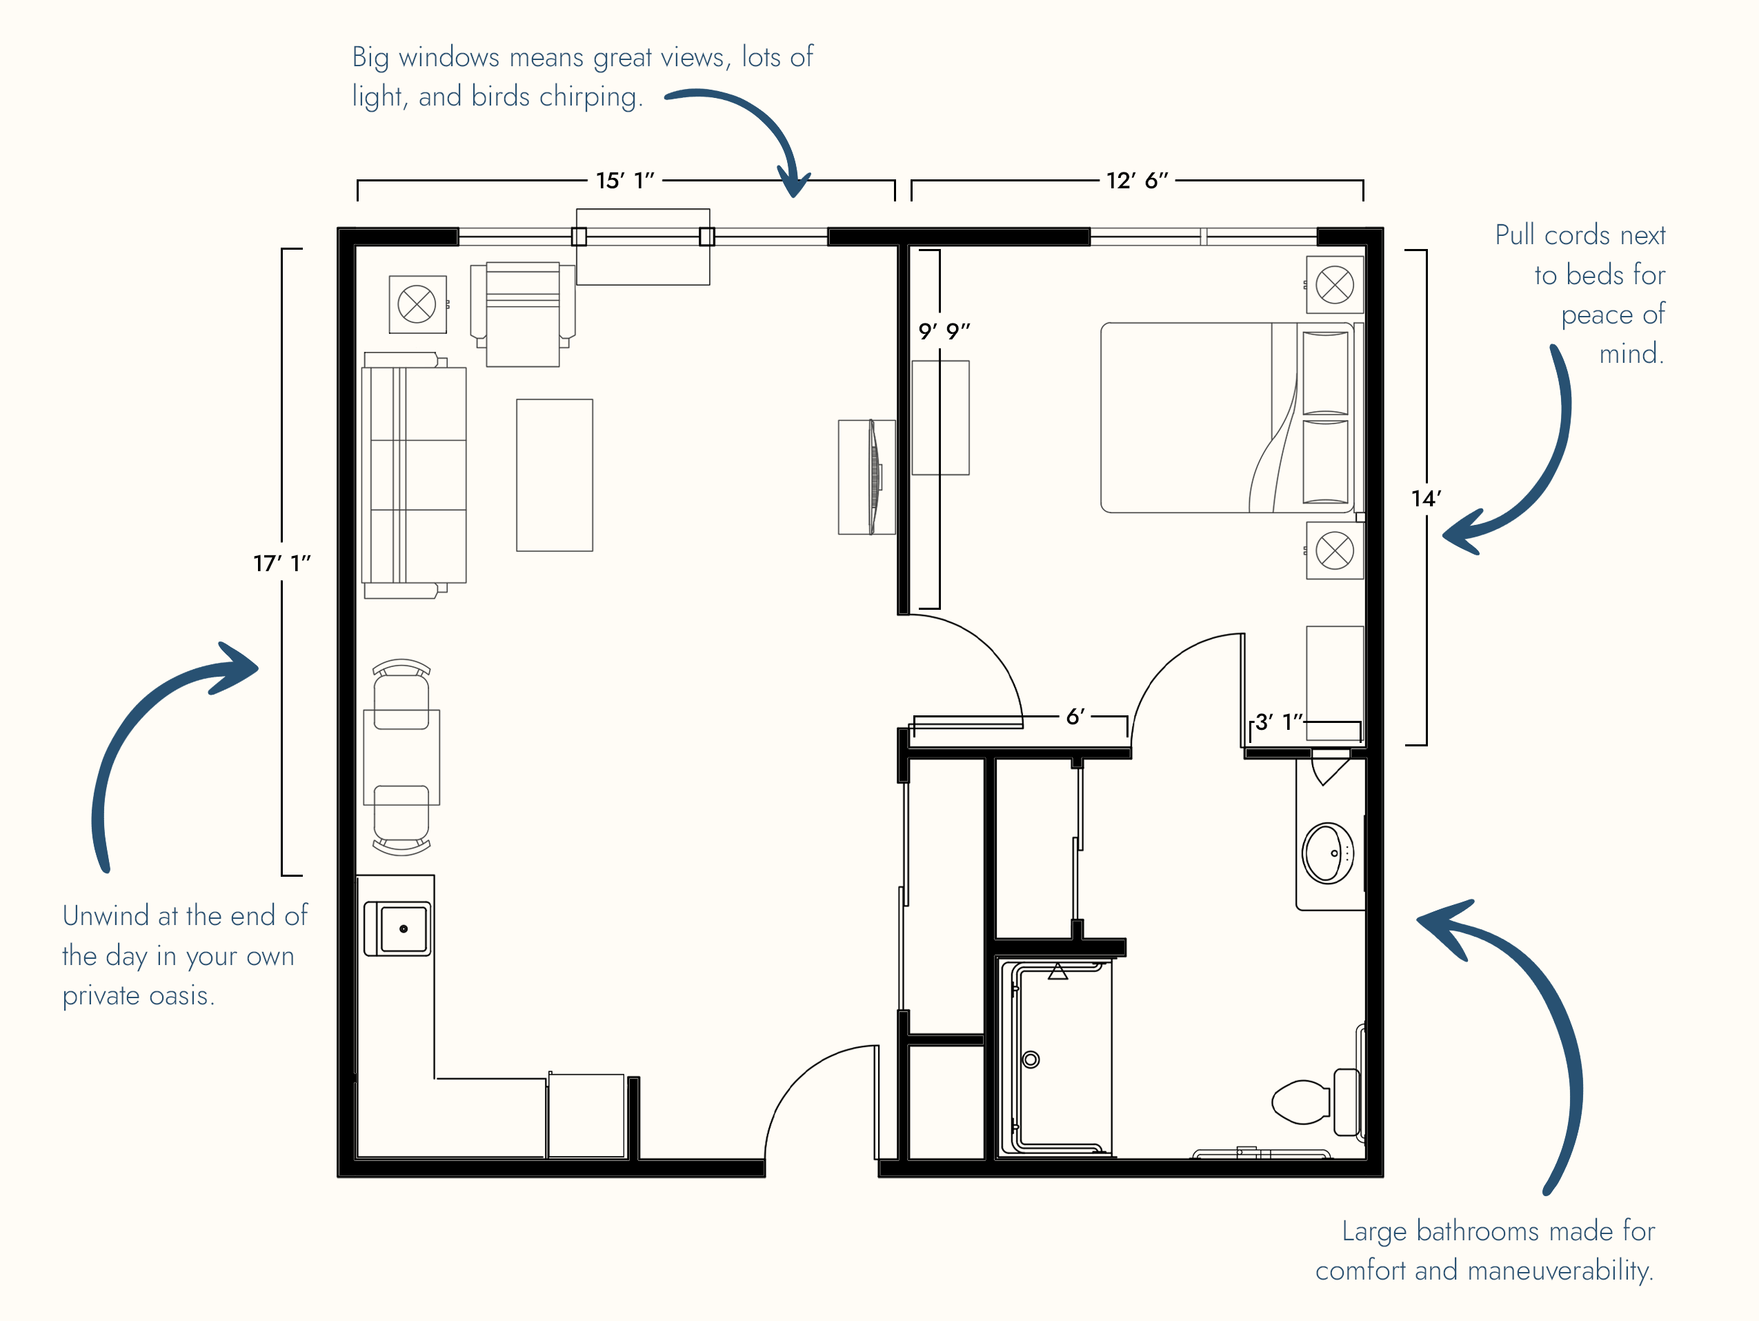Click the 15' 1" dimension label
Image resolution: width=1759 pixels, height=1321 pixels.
625,181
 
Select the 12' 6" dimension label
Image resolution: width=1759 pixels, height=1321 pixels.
1137,181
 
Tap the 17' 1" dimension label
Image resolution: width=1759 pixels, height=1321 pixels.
282,563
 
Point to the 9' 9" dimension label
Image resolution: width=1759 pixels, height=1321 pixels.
944,331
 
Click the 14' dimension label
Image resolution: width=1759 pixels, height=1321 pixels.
1426,499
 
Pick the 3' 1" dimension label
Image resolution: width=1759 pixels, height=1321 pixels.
1279,722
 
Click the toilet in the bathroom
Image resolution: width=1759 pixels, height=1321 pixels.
1316,1102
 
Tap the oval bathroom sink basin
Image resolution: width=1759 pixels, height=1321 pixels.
1328,853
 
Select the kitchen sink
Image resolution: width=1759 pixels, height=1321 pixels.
397,928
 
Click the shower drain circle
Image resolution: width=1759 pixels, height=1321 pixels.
1031,1060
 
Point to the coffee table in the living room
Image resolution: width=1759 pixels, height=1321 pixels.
555,475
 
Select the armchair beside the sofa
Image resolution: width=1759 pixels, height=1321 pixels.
522,314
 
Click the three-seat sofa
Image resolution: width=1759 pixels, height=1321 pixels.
413,475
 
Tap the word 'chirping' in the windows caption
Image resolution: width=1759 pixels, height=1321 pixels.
589,97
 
